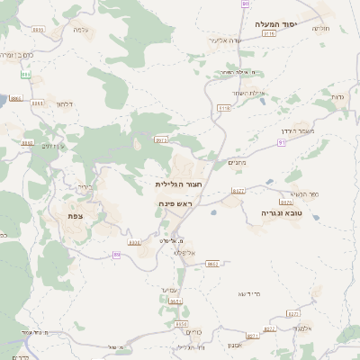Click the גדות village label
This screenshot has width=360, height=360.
coord(337,96)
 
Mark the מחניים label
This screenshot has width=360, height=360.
coord(236,163)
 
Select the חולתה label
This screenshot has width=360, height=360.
coord(320,28)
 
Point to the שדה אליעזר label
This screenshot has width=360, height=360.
coord(227,40)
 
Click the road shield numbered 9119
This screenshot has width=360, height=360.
coord(267,33)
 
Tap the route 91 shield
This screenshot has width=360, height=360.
coord(282,142)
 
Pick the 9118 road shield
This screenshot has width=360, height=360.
coord(223,108)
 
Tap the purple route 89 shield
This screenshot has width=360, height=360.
coord(117,256)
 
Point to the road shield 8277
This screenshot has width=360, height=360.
coord(292,313)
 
